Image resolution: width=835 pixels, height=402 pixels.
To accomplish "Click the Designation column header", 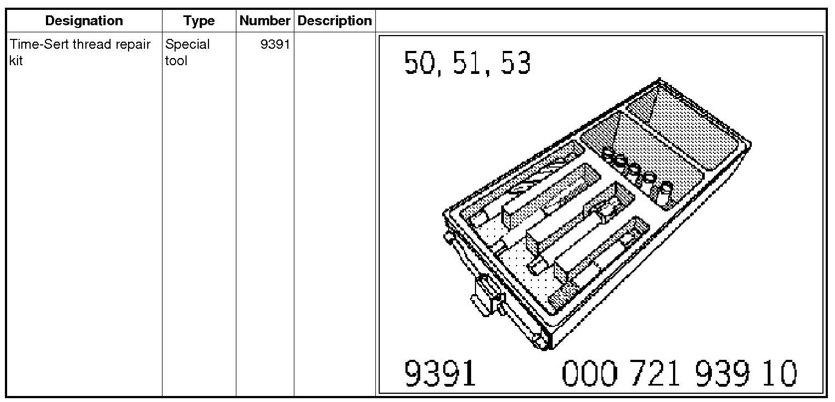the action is (84, 21).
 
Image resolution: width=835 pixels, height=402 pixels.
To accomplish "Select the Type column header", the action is (199, 21).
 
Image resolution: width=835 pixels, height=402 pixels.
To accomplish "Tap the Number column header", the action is (265, 21).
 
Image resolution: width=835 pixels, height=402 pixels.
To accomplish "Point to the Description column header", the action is (334, 21).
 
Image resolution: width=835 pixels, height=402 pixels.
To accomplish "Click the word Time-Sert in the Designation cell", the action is (39, 44).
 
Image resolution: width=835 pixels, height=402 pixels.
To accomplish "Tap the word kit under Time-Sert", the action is (16, 60).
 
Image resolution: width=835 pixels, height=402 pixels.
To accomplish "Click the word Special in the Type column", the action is (188, 45).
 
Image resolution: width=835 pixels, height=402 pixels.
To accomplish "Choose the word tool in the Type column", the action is (176, 60).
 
